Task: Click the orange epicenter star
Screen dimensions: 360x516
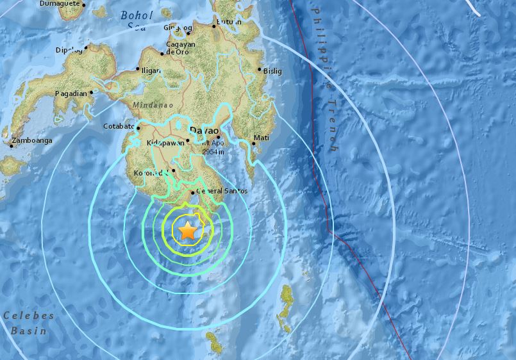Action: tap(187, 231)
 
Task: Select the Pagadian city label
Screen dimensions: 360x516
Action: tap(71, 94)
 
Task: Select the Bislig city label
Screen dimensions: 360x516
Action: tap(272, 71)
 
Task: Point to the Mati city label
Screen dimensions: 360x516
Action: tap(262, 138)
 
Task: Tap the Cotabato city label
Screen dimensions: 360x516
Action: tap(119, 127)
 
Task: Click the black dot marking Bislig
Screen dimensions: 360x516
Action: tap(260, 70)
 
